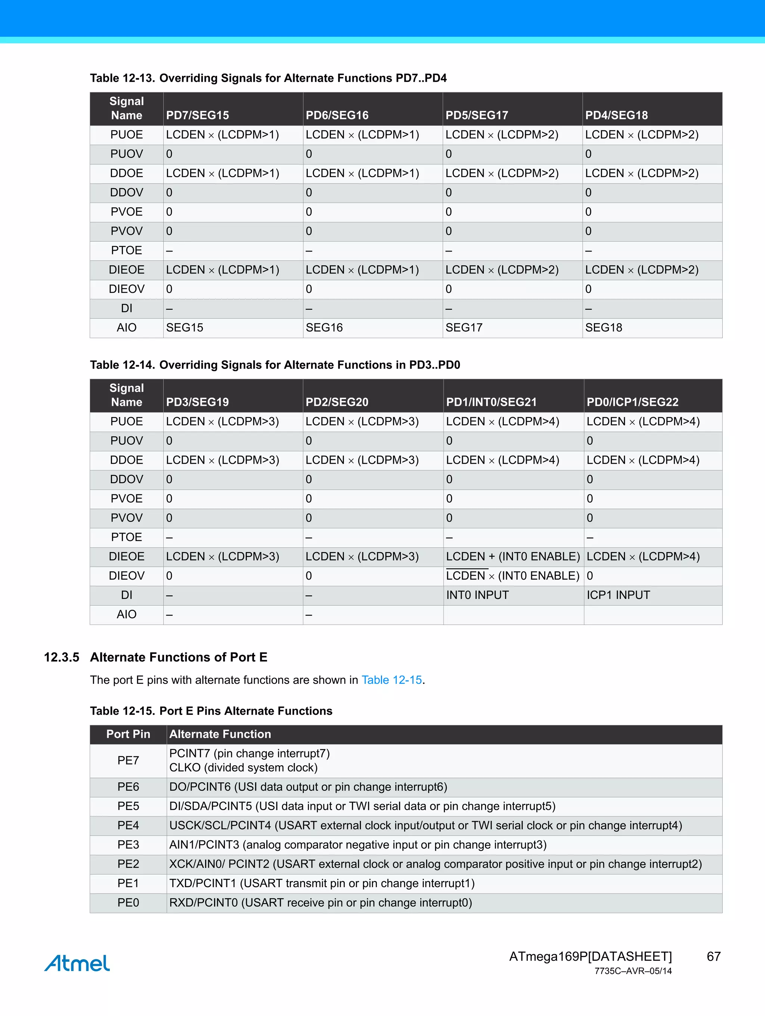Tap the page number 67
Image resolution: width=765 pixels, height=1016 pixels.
[x=713, y=956]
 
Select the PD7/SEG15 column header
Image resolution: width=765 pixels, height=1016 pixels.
[x=198, y=115]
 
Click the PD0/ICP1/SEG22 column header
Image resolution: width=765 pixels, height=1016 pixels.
[x=632, y=402]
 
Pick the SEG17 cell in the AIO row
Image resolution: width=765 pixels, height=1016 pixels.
[x=464, y=327]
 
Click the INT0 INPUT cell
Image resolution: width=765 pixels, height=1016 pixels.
[x=477, y=595]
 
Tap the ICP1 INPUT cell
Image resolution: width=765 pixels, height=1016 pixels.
[x=618, y=595]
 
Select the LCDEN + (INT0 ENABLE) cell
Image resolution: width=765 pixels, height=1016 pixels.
[x=512, y=556]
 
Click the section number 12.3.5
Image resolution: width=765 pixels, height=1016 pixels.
[x=62, y=657]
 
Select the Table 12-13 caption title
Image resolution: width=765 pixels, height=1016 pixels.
[x=268, y=78]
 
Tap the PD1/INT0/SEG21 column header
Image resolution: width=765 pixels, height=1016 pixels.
[x=491, y=402]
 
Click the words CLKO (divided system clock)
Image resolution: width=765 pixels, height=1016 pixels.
[x=244, y=768]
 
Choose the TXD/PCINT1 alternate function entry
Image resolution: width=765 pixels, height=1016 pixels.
[x=322, y=883]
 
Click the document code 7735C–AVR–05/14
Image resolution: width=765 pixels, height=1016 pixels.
[x=633, y=970]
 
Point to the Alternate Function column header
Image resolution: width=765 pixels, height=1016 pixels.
[x=220, y=734]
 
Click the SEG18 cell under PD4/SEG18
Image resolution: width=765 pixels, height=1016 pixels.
[x=603, y=327]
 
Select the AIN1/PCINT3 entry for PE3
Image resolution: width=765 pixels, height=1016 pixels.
[x=358, y=845]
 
